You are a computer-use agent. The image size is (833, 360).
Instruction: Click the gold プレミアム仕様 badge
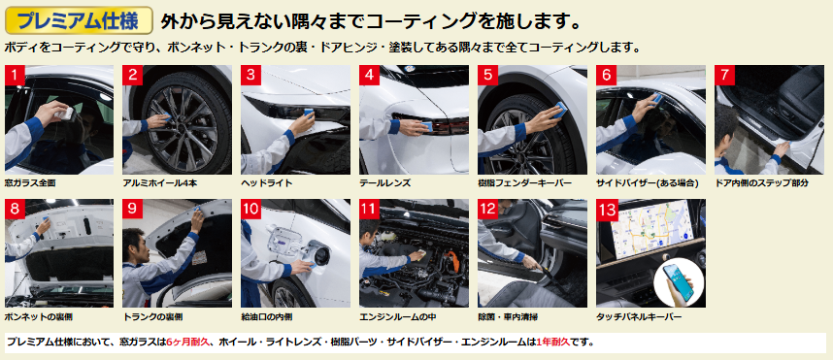[79, 20]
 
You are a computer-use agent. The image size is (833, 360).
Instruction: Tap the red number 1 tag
[15, 75]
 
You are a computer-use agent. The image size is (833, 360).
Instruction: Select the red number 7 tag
[724, 75]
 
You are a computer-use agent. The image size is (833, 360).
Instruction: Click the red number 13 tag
[606, 210]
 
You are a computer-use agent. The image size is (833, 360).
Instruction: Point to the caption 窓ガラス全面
[30, 183]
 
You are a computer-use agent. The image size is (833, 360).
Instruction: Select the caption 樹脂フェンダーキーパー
[524, 183]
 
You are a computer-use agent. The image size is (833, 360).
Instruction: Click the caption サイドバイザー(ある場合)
[647, 183]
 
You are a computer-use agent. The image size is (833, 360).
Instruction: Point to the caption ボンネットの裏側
[38, 317]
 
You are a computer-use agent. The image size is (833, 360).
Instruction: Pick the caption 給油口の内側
[266, 317]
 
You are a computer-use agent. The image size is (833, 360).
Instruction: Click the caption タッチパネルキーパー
[639, 317]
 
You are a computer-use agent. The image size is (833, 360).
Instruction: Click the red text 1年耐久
[553, 343]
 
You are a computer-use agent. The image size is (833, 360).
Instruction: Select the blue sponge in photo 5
[561, 109]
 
